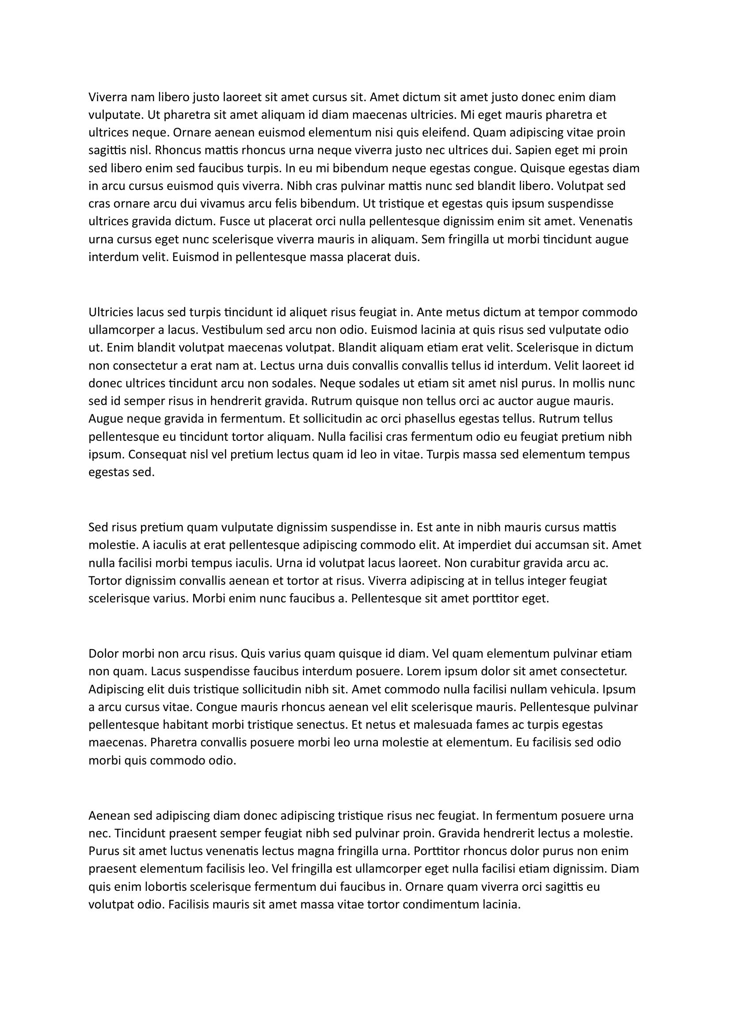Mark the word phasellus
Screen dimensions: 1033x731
click(x=432, y=419)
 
